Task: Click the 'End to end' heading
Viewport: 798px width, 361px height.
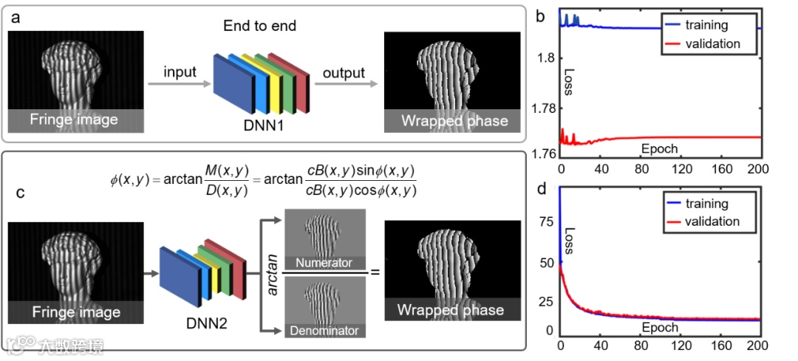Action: coord(259,26)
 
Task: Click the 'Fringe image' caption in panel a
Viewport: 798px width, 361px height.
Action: coord(74,120)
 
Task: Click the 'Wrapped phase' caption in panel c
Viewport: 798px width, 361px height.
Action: coord(451,309)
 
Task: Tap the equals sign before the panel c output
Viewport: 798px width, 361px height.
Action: coord(375,272)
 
